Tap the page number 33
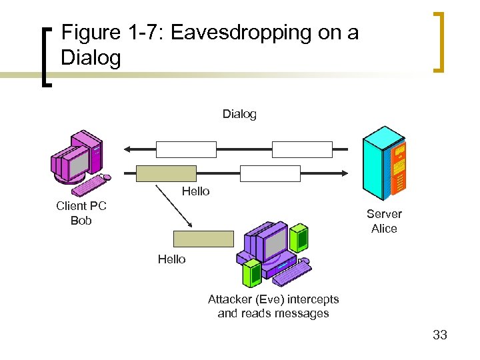[x=439, y=335]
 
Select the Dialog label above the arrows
[x=239, y=114]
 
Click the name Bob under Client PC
[x=81, y=221]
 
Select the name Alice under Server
[x=384, y=229]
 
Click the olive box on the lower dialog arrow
[x=166, y=173]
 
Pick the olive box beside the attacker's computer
[x=203, y=239]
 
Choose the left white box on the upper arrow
[x=186, y=149]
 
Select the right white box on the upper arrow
[x=302, y=149]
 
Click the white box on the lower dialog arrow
[x=270, y=173]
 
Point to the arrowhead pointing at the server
[x=343, y=173]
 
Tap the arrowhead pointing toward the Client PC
[x=126, y=149]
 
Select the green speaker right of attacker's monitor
[x=300, y=237]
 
